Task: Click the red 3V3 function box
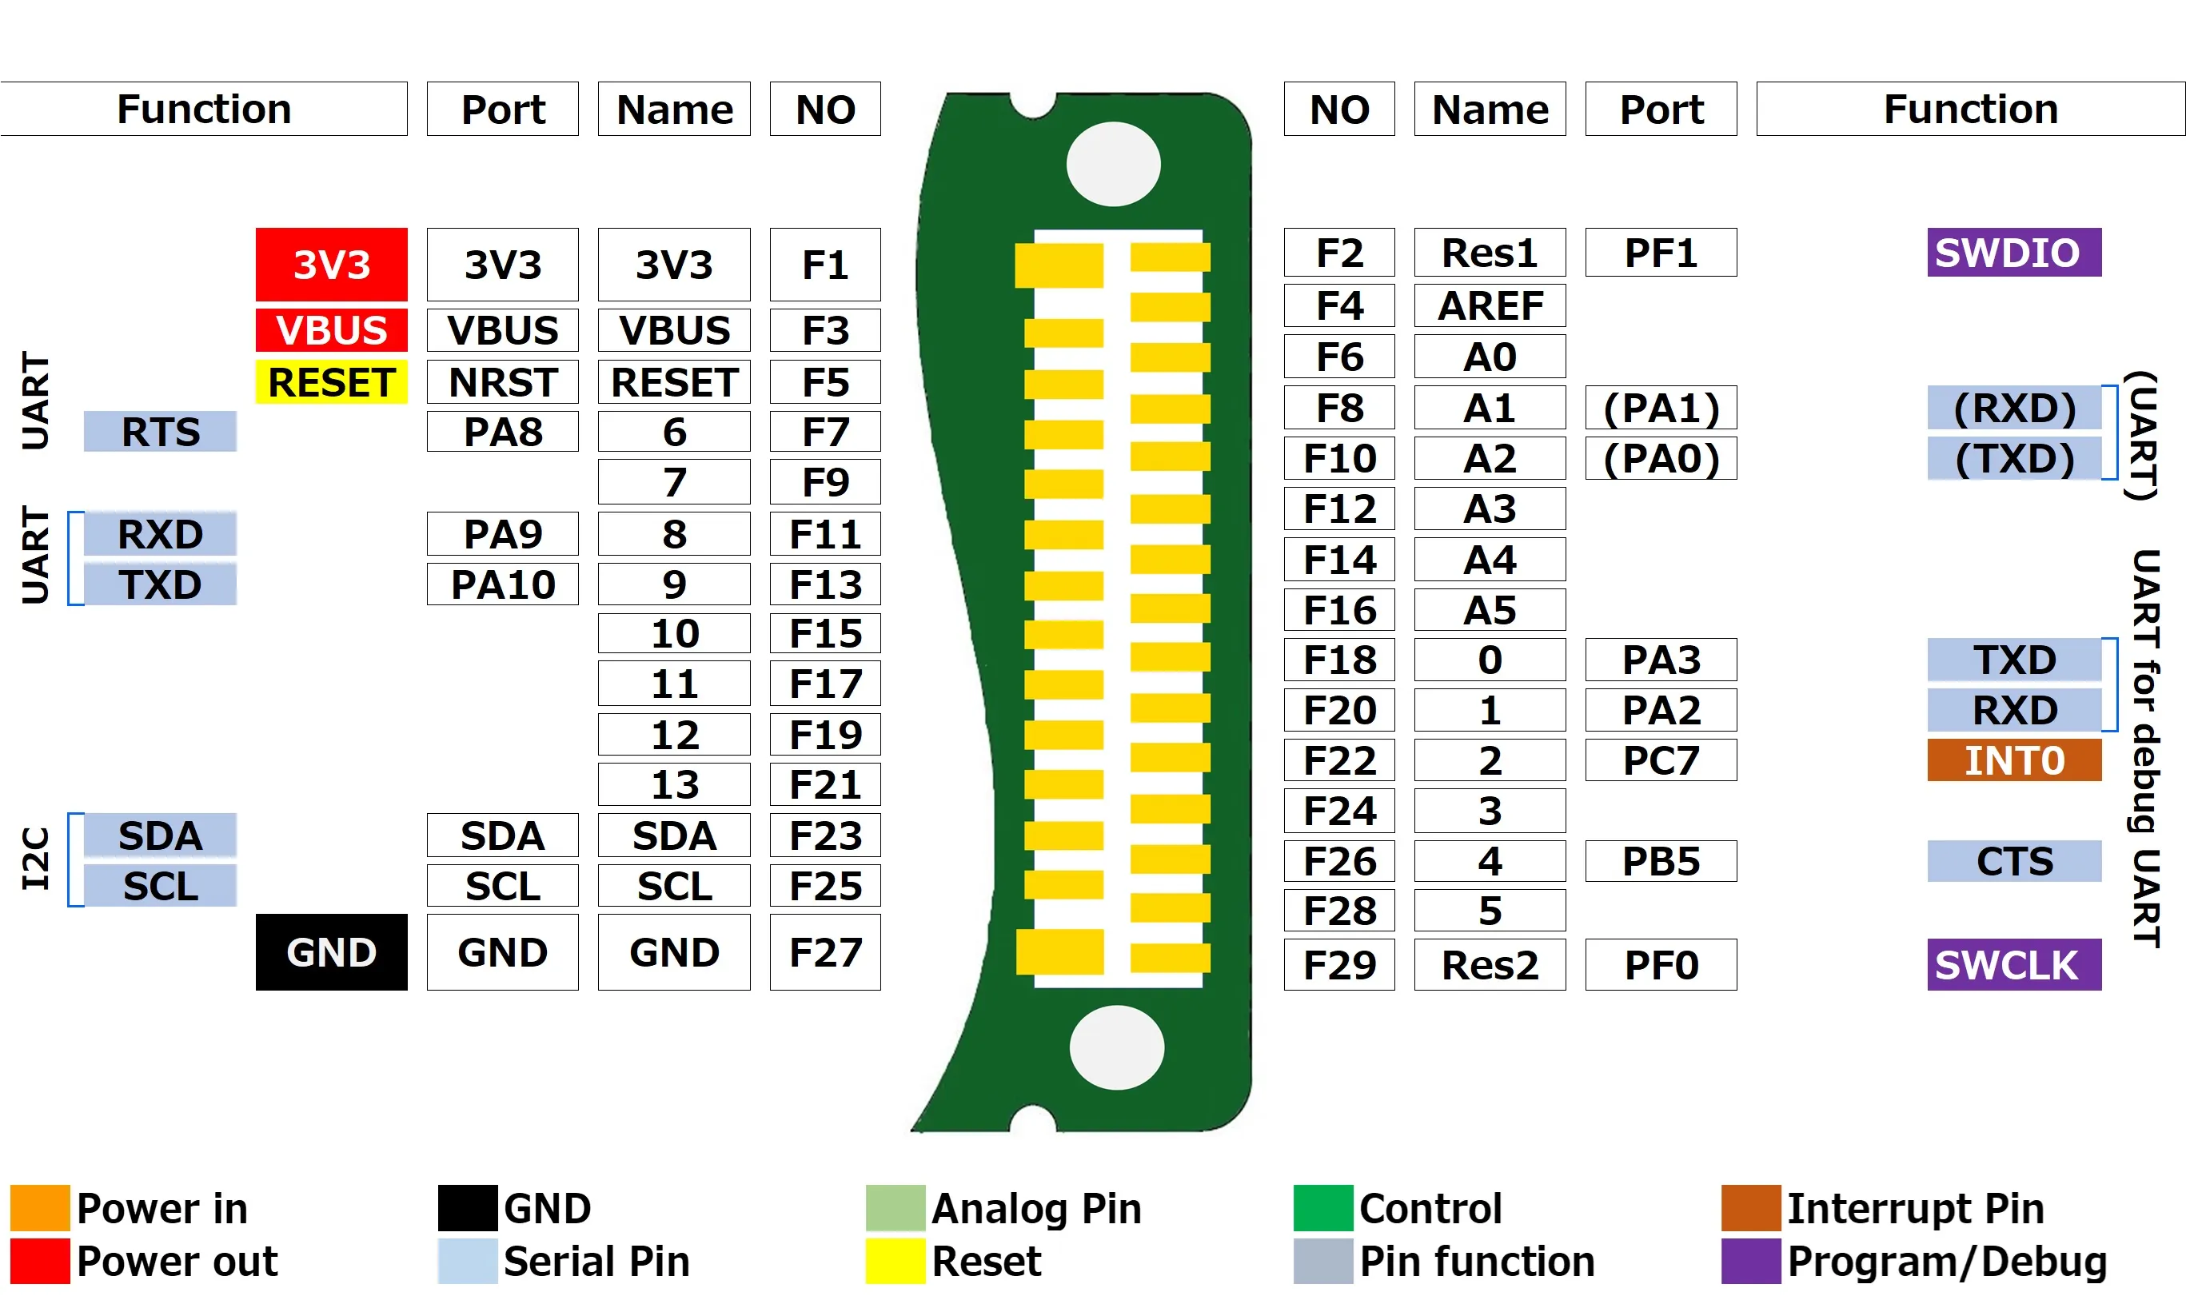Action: click(x=332, y=265)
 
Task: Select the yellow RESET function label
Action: click(x=332, y=382)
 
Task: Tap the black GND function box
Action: click(x=332, y=952)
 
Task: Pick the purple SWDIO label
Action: click(x=2012, y=253)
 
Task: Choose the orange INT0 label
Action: click(x=2012, y=760)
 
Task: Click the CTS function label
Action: click(x=2012, y=861)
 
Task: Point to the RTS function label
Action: click(x=160, y=432)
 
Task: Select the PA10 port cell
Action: click(x=502, y=584)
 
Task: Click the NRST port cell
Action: click(x=502, y=382)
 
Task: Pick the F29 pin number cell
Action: click(x=1339, y=964)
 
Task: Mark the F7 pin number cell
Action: click(x=824, y=432)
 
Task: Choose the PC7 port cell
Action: click(x=1660, y=760)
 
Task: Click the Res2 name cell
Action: click(x=1490, y=964)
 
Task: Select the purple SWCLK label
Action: click(x=2012, y=964)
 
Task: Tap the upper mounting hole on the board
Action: click(x=1113, y=165)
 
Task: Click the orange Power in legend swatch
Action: click(x=40, y=1208)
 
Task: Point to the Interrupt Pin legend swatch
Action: click(x=1749, y=1208)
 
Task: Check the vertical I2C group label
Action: click(x=36, y=859)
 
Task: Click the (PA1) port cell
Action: click(x=1660, y=408)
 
